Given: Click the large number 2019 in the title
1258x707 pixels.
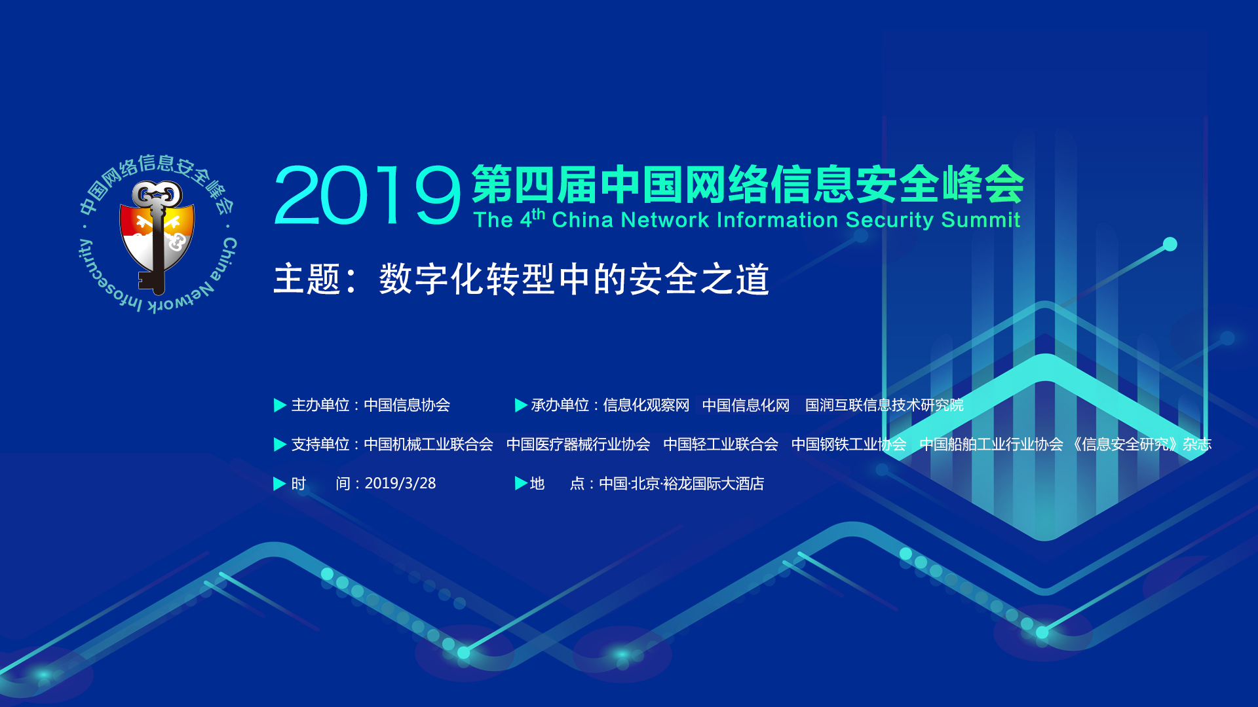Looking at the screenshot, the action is tap(368, 195).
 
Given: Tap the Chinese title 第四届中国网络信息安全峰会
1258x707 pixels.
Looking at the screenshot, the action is tap(748, 185).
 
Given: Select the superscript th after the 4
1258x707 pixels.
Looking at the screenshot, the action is tap(538, 213).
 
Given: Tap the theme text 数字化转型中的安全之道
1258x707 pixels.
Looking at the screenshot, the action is tap(574, 280).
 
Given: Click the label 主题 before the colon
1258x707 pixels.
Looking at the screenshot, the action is tap(307, 280).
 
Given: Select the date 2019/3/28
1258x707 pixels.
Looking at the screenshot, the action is tap(400, 484).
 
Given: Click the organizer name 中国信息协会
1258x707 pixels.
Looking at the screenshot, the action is tap(407, 405).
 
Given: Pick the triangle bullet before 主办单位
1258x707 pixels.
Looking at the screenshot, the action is tap(280, 405).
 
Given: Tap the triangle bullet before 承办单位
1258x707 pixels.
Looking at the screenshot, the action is tap(521, 405).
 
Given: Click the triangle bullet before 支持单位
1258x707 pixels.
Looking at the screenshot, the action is tap(280, 444).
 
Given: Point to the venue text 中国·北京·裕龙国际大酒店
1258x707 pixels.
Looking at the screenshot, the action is tap(681, 484).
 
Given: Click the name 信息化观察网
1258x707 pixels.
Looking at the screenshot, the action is tap(646, 405).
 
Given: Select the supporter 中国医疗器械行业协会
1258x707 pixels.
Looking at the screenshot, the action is tap(579, 444).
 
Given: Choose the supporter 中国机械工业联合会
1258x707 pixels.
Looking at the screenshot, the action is tap(429, 444).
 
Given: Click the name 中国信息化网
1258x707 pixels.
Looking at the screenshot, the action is tap(746, 405).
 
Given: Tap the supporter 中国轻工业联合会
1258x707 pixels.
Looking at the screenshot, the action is tap(721, 444).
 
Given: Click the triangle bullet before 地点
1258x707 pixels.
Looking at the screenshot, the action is tap(521, 484).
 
